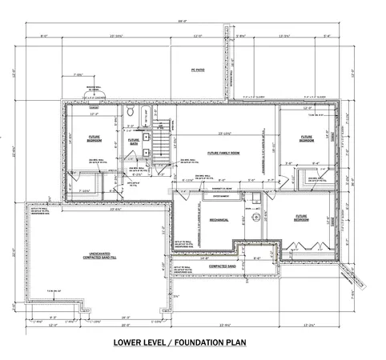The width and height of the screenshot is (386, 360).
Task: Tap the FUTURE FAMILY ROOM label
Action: coord(223,152)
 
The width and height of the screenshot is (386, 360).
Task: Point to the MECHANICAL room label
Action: coord(197,218)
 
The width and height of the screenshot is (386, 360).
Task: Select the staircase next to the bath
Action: coord(160,147)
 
